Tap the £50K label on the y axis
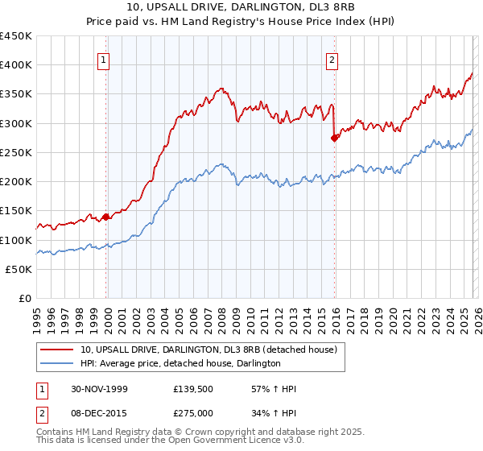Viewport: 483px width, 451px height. coord(19,269)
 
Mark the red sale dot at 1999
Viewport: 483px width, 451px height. coord(106,217)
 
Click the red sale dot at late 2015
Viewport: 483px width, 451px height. coord(335,138)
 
